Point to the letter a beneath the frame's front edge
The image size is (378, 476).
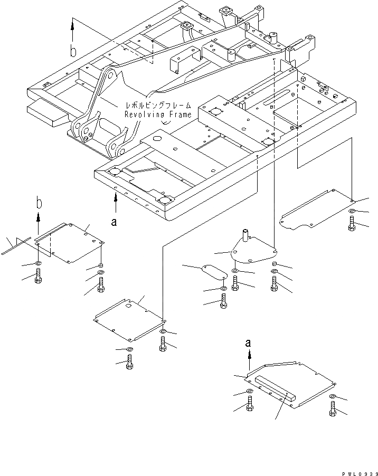click(114, 222)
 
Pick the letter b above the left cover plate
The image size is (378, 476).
click(39, 202)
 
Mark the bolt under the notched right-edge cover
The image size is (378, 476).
click(352, 223)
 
